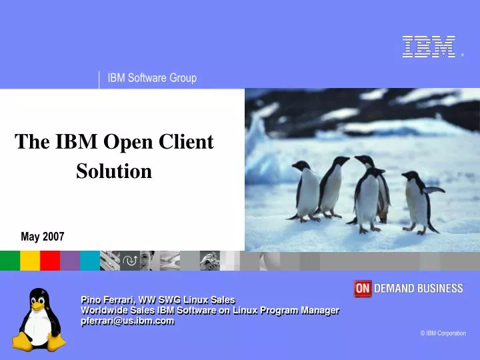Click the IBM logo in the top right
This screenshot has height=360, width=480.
(429, 47)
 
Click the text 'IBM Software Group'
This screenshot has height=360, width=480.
(152, 78)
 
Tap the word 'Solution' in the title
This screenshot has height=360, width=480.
(114, 171)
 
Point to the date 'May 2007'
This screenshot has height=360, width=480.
(43, 237)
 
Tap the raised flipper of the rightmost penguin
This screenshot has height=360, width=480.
(435, 190)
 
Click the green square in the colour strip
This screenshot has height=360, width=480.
(9, 261)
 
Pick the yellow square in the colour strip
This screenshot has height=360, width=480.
(30, 261)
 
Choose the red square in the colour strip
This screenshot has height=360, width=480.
(50, 261)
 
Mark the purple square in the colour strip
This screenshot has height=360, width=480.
(70, 261)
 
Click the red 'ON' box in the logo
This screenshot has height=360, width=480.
(362, 288)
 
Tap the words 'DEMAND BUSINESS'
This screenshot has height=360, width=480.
(418, 288)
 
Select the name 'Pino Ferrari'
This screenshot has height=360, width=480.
(105, 300)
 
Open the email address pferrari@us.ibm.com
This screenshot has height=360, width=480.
(127, 321)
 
